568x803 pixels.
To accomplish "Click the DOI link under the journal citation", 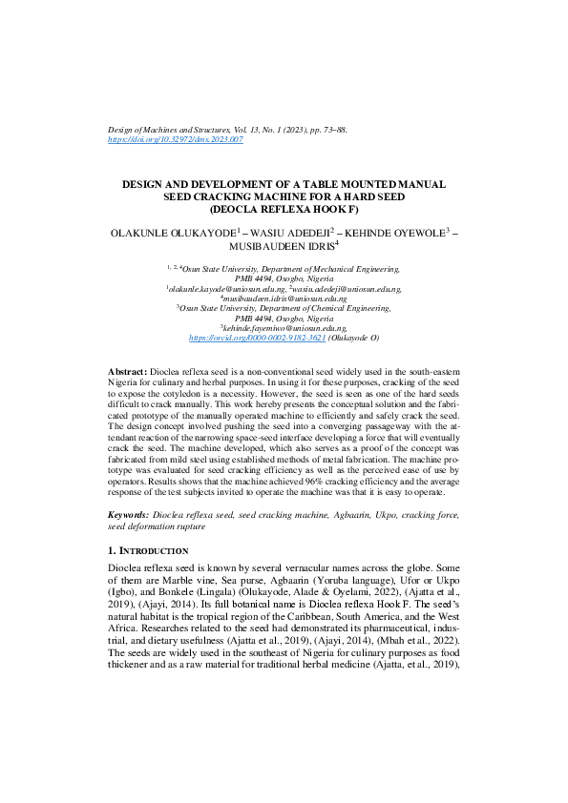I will pos(176,139).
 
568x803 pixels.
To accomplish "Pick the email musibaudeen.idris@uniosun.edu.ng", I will pos(284,299).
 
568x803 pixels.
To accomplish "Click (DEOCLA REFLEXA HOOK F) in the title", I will pos(284,208).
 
